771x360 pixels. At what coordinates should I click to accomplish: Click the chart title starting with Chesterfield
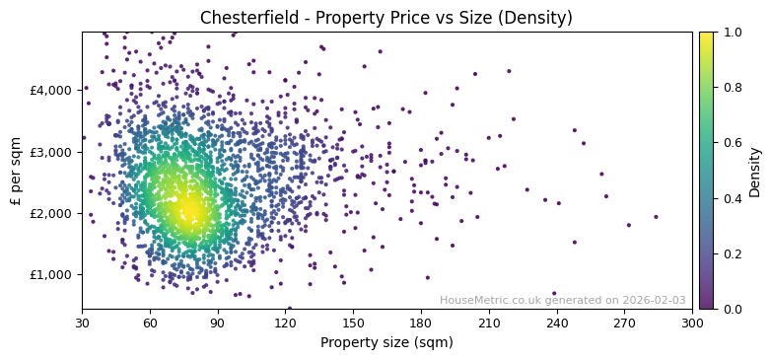point(385,18)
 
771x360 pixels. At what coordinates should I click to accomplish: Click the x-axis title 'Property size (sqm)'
point(386,343)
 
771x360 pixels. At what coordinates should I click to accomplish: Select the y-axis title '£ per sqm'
point(16,171)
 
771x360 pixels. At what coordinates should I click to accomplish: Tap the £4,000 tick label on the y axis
point(51,90)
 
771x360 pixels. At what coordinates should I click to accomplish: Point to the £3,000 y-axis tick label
point(51,152)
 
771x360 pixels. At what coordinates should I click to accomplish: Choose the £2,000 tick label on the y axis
point(51,213)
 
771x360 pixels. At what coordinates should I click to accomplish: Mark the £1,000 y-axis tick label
point(51,274)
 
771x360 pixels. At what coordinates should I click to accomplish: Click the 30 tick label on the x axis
point(82,322)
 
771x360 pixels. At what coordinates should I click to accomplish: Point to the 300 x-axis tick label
point(692,322)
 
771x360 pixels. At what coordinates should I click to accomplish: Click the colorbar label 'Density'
point(755,171)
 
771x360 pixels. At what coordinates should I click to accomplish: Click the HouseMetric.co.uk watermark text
point(562,301)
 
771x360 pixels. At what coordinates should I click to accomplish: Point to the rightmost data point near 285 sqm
point(656,217)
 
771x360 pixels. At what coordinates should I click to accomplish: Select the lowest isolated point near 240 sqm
point(554,293)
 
